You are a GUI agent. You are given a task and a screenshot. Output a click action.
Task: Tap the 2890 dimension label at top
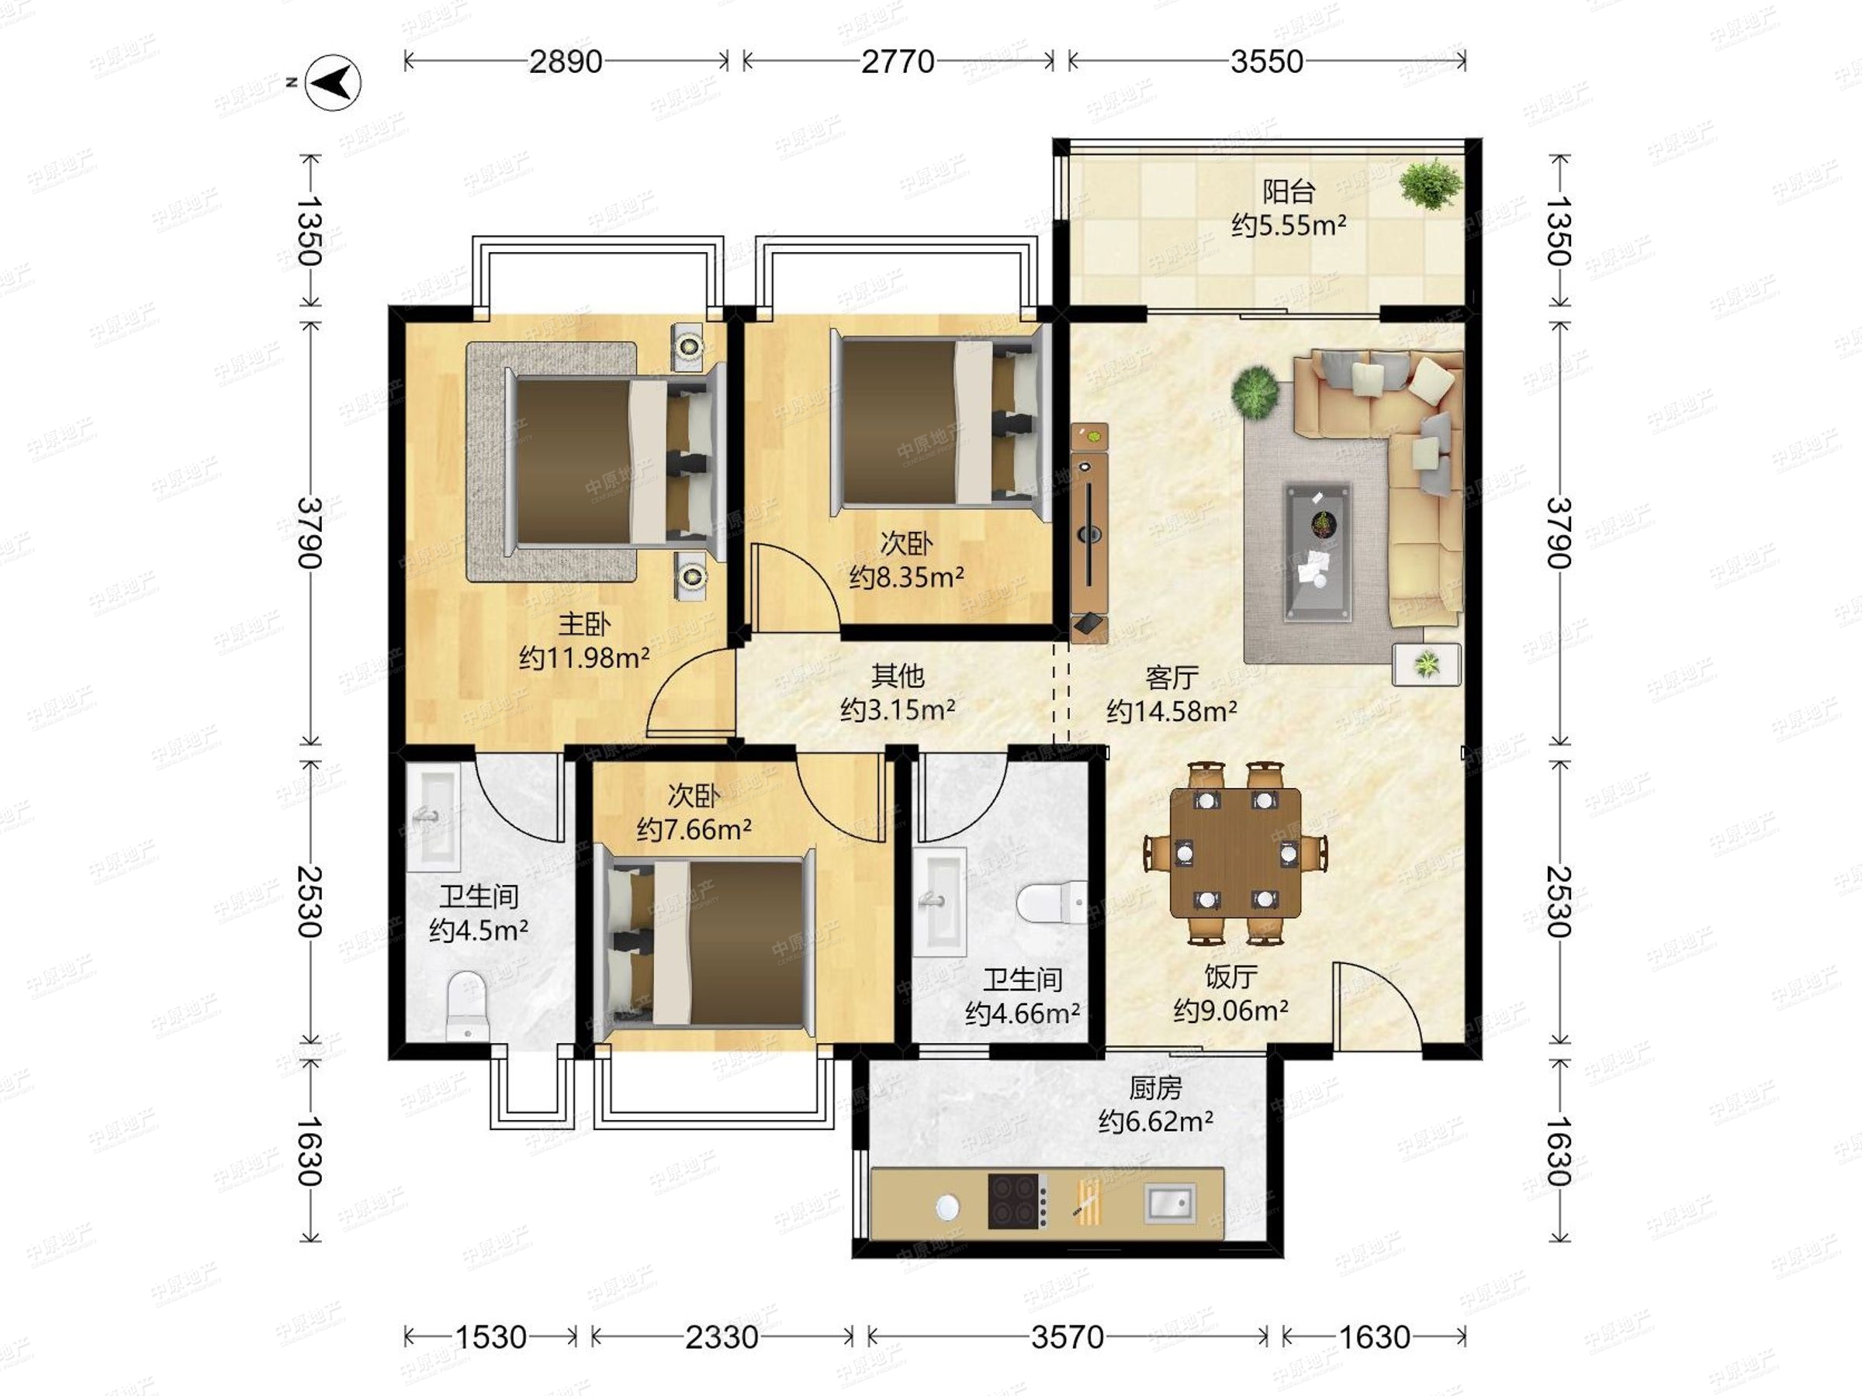pyautogui.click(x=566, y=61)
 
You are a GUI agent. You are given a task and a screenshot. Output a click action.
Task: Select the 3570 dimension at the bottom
pyautogui.click(x=1068, y=1336)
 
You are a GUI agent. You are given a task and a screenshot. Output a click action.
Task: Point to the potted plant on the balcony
pyautogui.click(x=1430, y=184)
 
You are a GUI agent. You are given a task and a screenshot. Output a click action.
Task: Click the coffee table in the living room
pyautogui.click(x=1318, y=552)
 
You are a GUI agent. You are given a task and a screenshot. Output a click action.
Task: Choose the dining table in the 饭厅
pyautogui.click(x=1235, y=852)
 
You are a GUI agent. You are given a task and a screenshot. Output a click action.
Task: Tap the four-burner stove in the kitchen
pyautogui.click(x=1018, y=1201)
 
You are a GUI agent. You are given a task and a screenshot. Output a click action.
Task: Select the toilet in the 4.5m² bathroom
pyautogui.click(x=467, y=1006)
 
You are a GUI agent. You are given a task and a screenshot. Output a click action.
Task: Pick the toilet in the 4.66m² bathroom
pyautogui.click(x=1052, y=902)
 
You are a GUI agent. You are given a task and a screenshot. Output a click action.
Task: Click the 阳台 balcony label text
pyautogui.click(x=1288, y=191)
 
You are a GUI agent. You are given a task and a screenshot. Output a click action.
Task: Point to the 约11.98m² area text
pyautogui.click(x=584, y=657)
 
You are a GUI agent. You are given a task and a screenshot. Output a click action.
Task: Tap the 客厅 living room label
pyautogui.click(x=1172, y=677)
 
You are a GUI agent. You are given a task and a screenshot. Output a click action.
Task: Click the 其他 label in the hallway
pyautogui.click(x=898, y=675)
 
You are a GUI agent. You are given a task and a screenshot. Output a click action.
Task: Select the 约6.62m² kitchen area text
pyautogui.click(x=1156, y=1121)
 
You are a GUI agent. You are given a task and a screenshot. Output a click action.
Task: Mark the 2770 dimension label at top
pyautogui.click(x=898, y=61)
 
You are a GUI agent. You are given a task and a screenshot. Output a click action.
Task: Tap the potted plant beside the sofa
pyautogui.click(x=1256, y=390)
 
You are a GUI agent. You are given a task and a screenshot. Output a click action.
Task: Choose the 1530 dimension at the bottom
pyautogui.click(x=491, y=1336)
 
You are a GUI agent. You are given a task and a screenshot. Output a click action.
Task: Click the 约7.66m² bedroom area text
pyautogui.click(x=694, y=830)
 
